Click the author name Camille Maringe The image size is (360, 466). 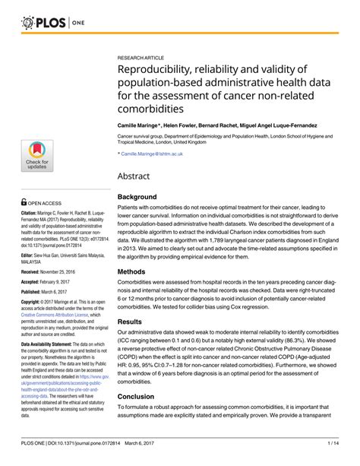click(x=141, y=122)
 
